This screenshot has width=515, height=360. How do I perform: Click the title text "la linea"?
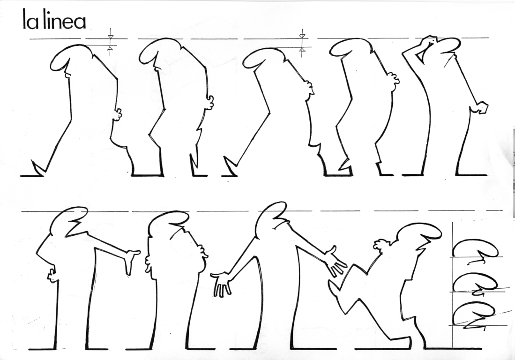click(54, 21)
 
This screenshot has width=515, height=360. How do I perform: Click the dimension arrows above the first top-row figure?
click(110, 42)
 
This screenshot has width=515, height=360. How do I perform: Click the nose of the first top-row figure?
click(67, 73)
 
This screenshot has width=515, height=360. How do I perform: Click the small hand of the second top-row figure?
click(209, 102)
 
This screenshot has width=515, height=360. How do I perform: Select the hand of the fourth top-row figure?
click(393, 80)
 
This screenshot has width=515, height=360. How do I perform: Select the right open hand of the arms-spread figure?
click(336, 262)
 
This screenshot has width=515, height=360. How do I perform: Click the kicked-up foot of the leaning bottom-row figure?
click(334, 288)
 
